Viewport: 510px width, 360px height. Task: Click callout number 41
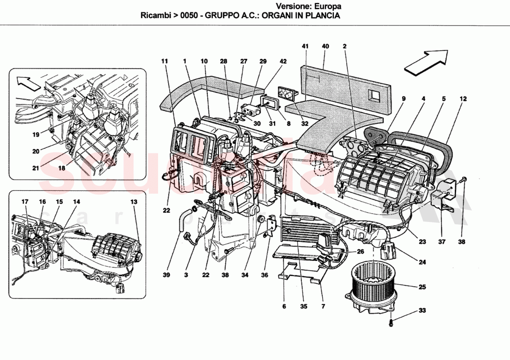point(305,46)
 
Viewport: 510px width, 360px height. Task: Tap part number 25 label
point(422,287)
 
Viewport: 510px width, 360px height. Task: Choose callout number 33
point(422,310)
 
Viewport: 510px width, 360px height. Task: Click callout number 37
point(441,241)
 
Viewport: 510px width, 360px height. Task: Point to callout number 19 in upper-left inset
point(36,135)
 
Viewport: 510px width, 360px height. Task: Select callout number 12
point(463,99)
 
